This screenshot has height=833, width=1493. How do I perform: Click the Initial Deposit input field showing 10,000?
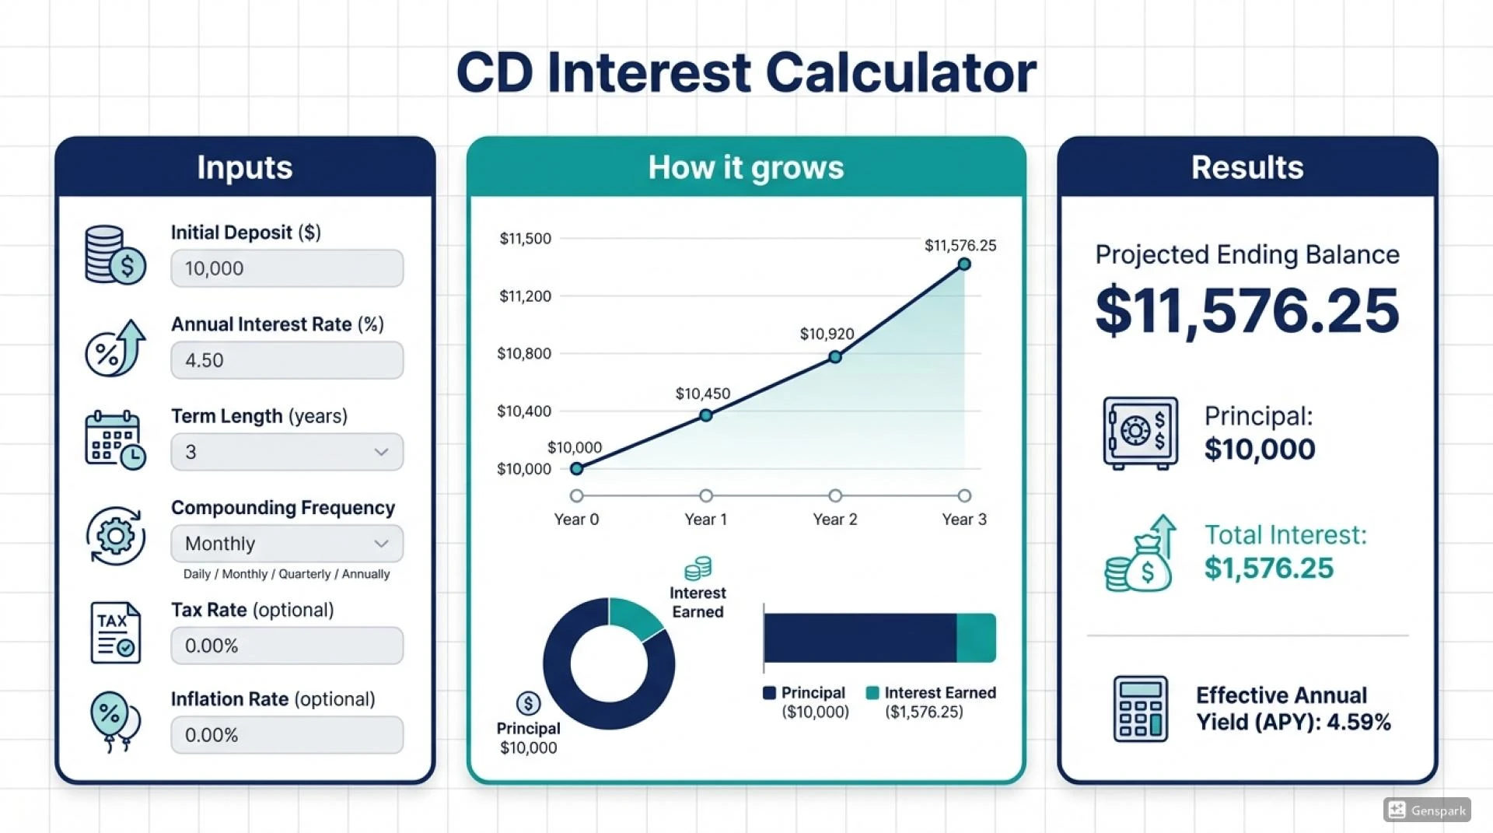[x=287, y=268]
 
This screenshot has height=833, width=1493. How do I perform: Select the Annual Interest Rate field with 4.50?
[x=287, y=360]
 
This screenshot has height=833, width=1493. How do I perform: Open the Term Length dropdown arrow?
[x=381, y=452]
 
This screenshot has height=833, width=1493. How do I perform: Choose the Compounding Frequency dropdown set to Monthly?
[x=287, y=544]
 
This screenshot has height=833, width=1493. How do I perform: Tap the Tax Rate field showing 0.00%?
[x=287, y=646]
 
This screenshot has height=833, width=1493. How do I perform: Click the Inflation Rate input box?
[x=287, y=735]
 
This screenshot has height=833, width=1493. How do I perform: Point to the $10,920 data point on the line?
[x=834, y=357]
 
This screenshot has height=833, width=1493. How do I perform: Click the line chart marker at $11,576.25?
[x=964, y=264]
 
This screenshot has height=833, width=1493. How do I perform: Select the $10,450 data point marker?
[x=705, y=415]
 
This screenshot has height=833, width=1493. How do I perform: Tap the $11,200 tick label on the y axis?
[x=525, y=296]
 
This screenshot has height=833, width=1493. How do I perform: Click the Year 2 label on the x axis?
[x=834, y=520]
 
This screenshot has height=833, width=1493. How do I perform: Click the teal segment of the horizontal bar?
[x=976, y=638]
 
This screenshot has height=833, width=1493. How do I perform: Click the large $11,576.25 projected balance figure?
[x=1246, y=311]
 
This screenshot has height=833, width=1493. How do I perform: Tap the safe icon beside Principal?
[x=1140, y=433]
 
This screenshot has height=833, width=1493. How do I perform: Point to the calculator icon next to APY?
[x=1140, y=709]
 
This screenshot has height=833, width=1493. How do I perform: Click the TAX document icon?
[x=115, y=632]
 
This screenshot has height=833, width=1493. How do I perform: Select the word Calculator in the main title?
[x=900, y=73]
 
